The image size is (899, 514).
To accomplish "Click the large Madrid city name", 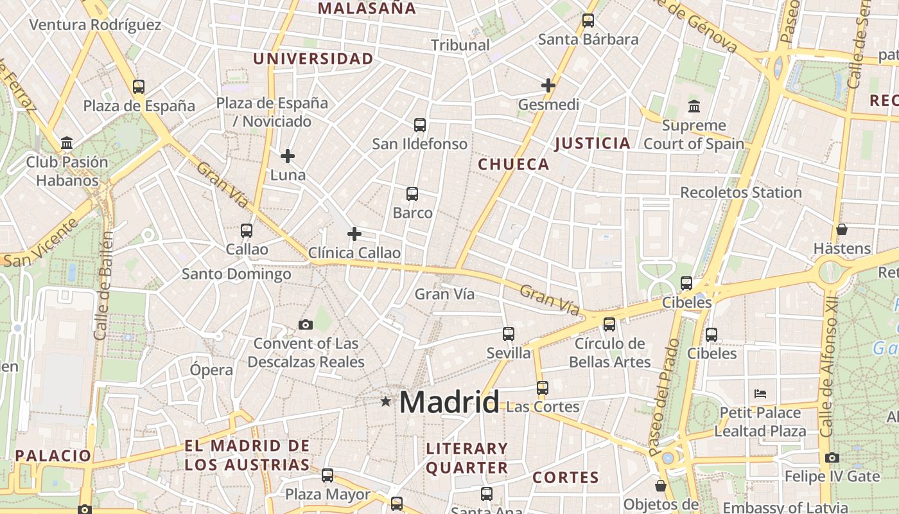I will point(449,403).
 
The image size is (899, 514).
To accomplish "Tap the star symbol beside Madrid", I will point(385,402).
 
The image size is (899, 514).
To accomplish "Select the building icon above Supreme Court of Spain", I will point(694,106).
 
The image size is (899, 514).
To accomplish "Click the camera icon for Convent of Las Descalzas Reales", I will point(306,324).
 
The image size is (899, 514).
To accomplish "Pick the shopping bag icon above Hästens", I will point(842,229).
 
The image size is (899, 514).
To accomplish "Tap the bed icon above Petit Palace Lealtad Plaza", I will point(760,393).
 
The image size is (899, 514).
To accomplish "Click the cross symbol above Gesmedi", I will point(548,85).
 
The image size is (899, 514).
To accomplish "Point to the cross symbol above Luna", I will point(288,155).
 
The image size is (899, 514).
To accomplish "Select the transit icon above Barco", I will point(412,193).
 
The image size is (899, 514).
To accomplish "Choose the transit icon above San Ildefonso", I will point(420,125).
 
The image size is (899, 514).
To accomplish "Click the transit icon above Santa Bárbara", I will point(588,21).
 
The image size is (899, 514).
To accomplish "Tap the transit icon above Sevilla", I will point(509,334).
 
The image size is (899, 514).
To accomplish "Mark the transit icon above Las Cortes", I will point(543,387).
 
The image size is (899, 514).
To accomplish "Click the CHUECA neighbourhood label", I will point(514,164).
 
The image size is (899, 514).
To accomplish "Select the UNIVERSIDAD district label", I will point(313,59).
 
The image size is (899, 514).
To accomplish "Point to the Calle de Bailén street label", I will point(103,286).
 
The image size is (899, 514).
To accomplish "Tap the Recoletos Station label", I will point(741,192).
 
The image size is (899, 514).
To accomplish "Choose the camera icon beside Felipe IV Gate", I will point(832,457).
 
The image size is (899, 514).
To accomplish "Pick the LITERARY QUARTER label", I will point(467,458).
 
